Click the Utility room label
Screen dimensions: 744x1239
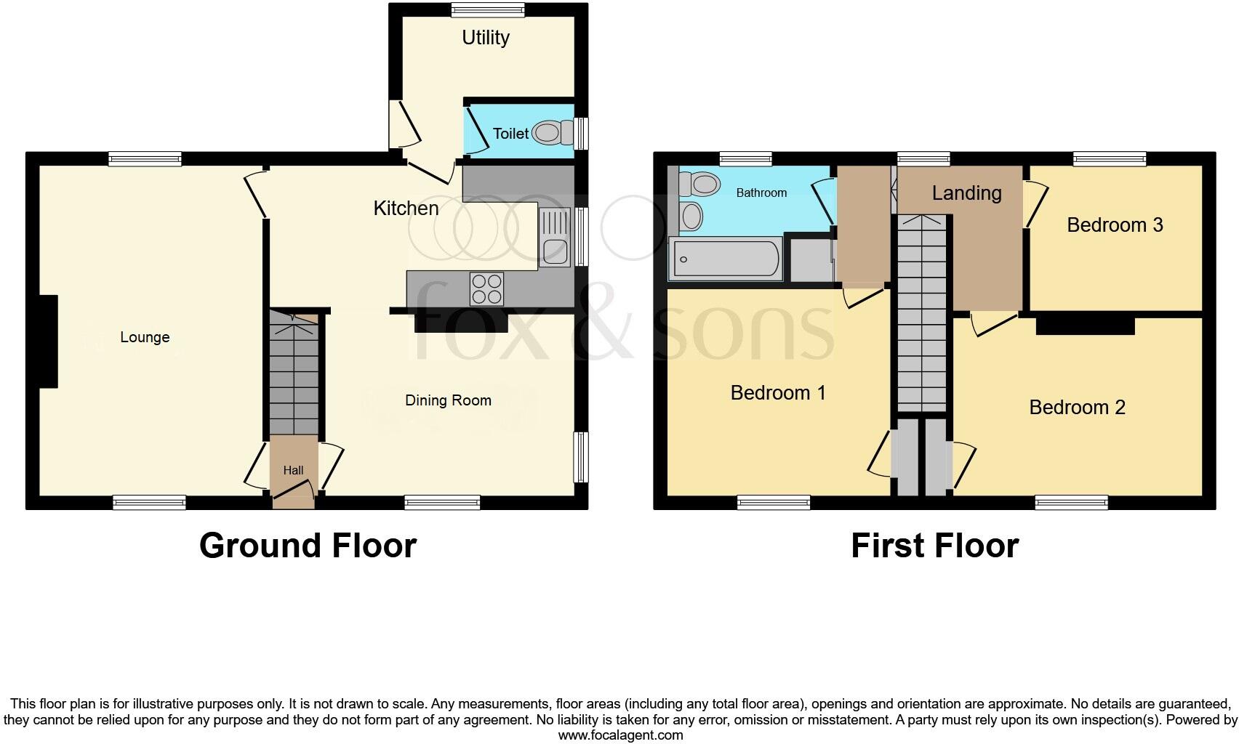(486, 38)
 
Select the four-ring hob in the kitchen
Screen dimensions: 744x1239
(486, 288)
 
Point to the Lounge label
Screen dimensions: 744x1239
(145, 337)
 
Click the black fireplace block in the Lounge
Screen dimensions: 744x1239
(47, 341)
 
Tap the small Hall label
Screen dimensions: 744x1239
(293, 471)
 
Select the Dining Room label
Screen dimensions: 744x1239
(448, 400)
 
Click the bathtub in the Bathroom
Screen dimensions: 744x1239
(726, 259)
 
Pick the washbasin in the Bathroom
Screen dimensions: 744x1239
(691, 216)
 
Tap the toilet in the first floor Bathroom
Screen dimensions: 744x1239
(699, 183)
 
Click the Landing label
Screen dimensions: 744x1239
(966, 193)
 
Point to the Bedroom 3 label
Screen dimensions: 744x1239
(1115, 225)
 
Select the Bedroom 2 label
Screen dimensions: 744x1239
(1077, 407)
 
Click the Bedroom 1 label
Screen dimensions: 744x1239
(778, 393)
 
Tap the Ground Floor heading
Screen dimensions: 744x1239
(308, 546)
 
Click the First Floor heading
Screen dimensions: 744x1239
(934, 546)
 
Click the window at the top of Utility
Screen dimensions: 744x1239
(487, 9)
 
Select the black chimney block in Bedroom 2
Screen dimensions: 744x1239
(1085, 325)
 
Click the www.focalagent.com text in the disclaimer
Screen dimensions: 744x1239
(620, 735)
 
